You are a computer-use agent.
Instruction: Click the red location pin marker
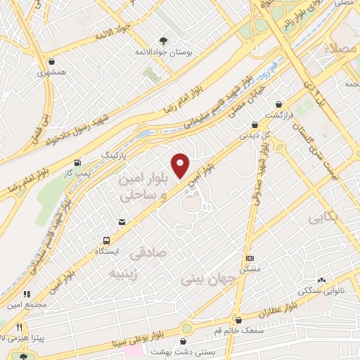pos(181,165)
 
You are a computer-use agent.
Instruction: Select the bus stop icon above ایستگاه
pos(106,239)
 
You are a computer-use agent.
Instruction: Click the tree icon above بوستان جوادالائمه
pos(163,41)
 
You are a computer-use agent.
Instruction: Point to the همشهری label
pos(53,72)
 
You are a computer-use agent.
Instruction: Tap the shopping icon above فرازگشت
pos(279,103)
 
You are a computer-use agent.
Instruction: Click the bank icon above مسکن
pos(249,258)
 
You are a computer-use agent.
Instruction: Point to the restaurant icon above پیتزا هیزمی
pos(20,327)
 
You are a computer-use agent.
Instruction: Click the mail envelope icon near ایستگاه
pos(122,223)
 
